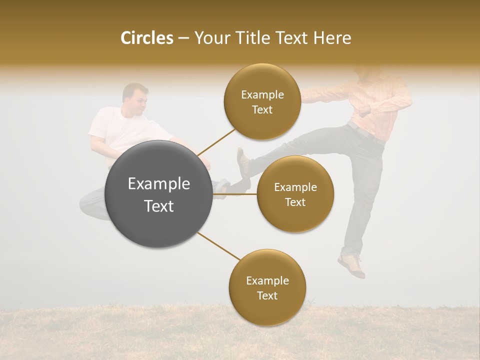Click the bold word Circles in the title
[146, 38]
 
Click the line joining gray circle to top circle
[216, 141]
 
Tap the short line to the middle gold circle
[234, 193]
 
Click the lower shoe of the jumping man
[351, 265]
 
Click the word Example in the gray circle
[159, 184]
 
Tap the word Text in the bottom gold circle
[267, 295]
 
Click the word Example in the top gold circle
[262, 95]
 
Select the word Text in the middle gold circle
[295, 202]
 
